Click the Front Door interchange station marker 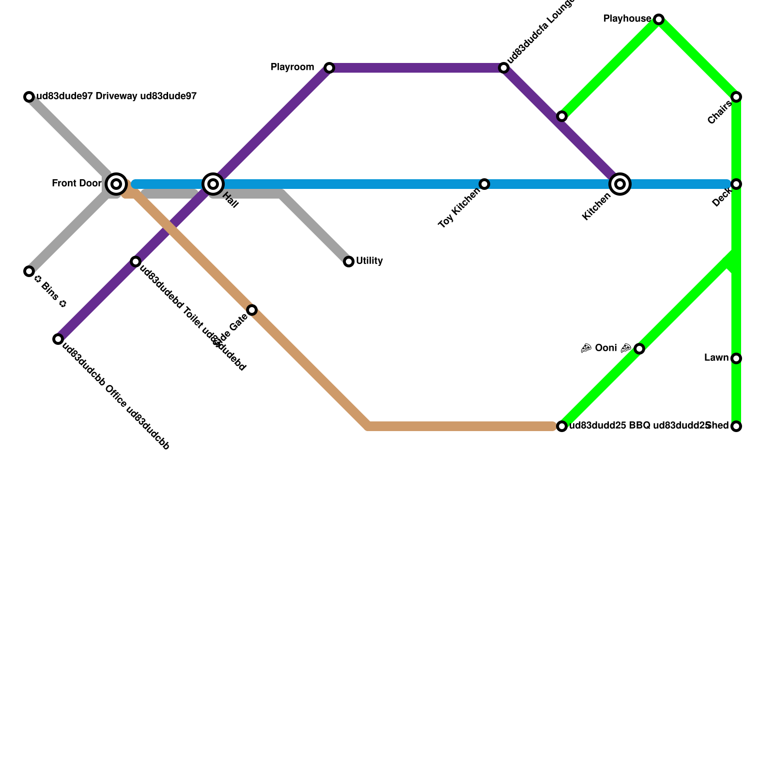(116, 184)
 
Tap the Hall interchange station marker (213, 184)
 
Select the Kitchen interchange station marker (620, 184)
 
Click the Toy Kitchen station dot (484, 184)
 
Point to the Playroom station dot (329, 68)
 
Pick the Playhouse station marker (659, 19)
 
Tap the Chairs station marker (736, 97)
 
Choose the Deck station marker (736, 184)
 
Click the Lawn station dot (736, 358)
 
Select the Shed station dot (736, 426)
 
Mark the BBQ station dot (562, 426)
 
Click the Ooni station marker (639, 349)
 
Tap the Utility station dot (349, 262)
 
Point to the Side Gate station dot (252, 310)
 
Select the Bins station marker (29, 271)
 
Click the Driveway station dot (29, 97)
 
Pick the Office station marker (58, 339)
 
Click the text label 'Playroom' (293, 67)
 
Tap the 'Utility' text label (370, 261)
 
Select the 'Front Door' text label (77, 184)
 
